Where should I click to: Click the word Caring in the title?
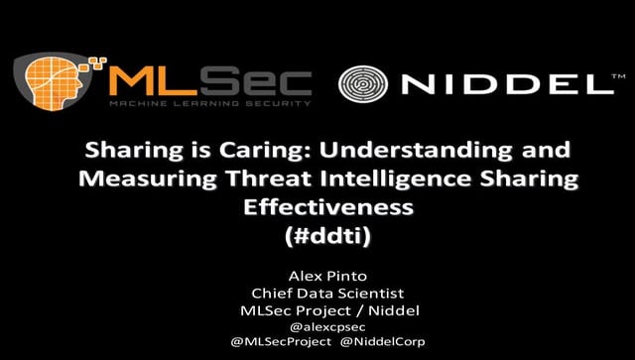point(238,151)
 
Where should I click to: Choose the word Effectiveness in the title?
point(317,208)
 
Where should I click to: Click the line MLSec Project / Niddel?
point(317,311)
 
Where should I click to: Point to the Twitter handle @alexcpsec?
point(317,327)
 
